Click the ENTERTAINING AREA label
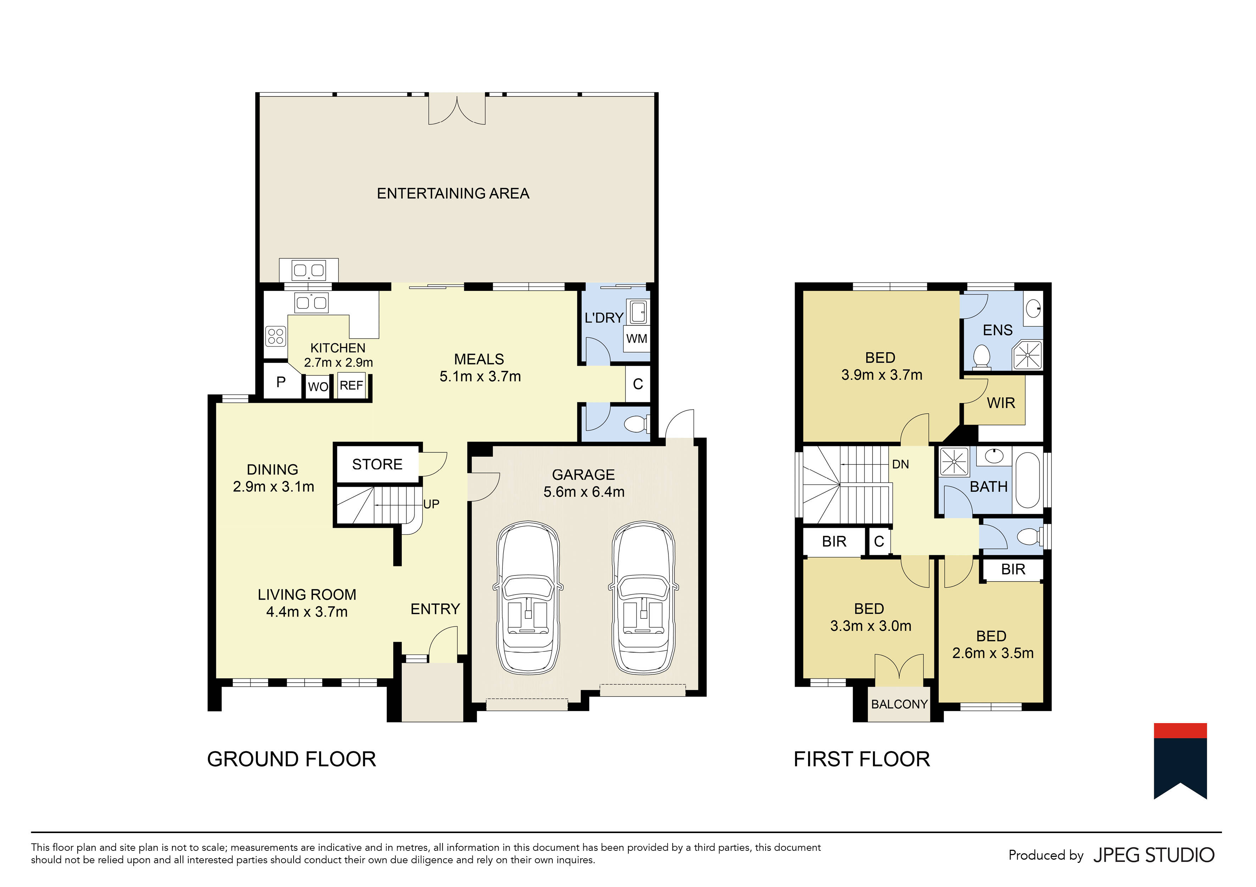[453, 194]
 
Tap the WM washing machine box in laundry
[637, 339]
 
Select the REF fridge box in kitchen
[351, 385]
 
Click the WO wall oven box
[318, 387]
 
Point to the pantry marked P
[281, 382]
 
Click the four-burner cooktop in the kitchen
[276, 336]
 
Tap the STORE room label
[377, 464]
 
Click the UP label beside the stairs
[431, 504]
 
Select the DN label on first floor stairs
[900, 464]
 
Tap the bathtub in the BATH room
[1028, 480]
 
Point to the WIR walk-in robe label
[1001, 403]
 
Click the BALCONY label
[899, 705]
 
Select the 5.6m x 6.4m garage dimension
[584, 492]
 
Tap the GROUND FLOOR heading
[291, 760]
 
